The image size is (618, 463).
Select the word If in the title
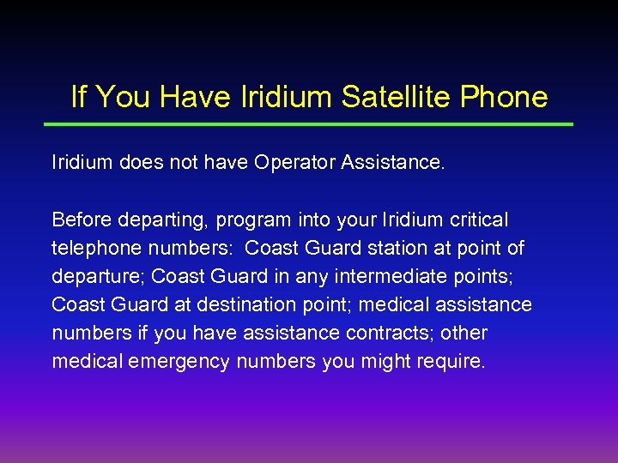coord(78,97)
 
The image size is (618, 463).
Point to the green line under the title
coord(308,124)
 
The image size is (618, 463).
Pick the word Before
coord(81,220)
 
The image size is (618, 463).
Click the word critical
coord(476,220)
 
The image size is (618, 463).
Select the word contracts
coord(391,333)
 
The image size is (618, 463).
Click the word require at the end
coord(452,362)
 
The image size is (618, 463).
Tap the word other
coord(464,333)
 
